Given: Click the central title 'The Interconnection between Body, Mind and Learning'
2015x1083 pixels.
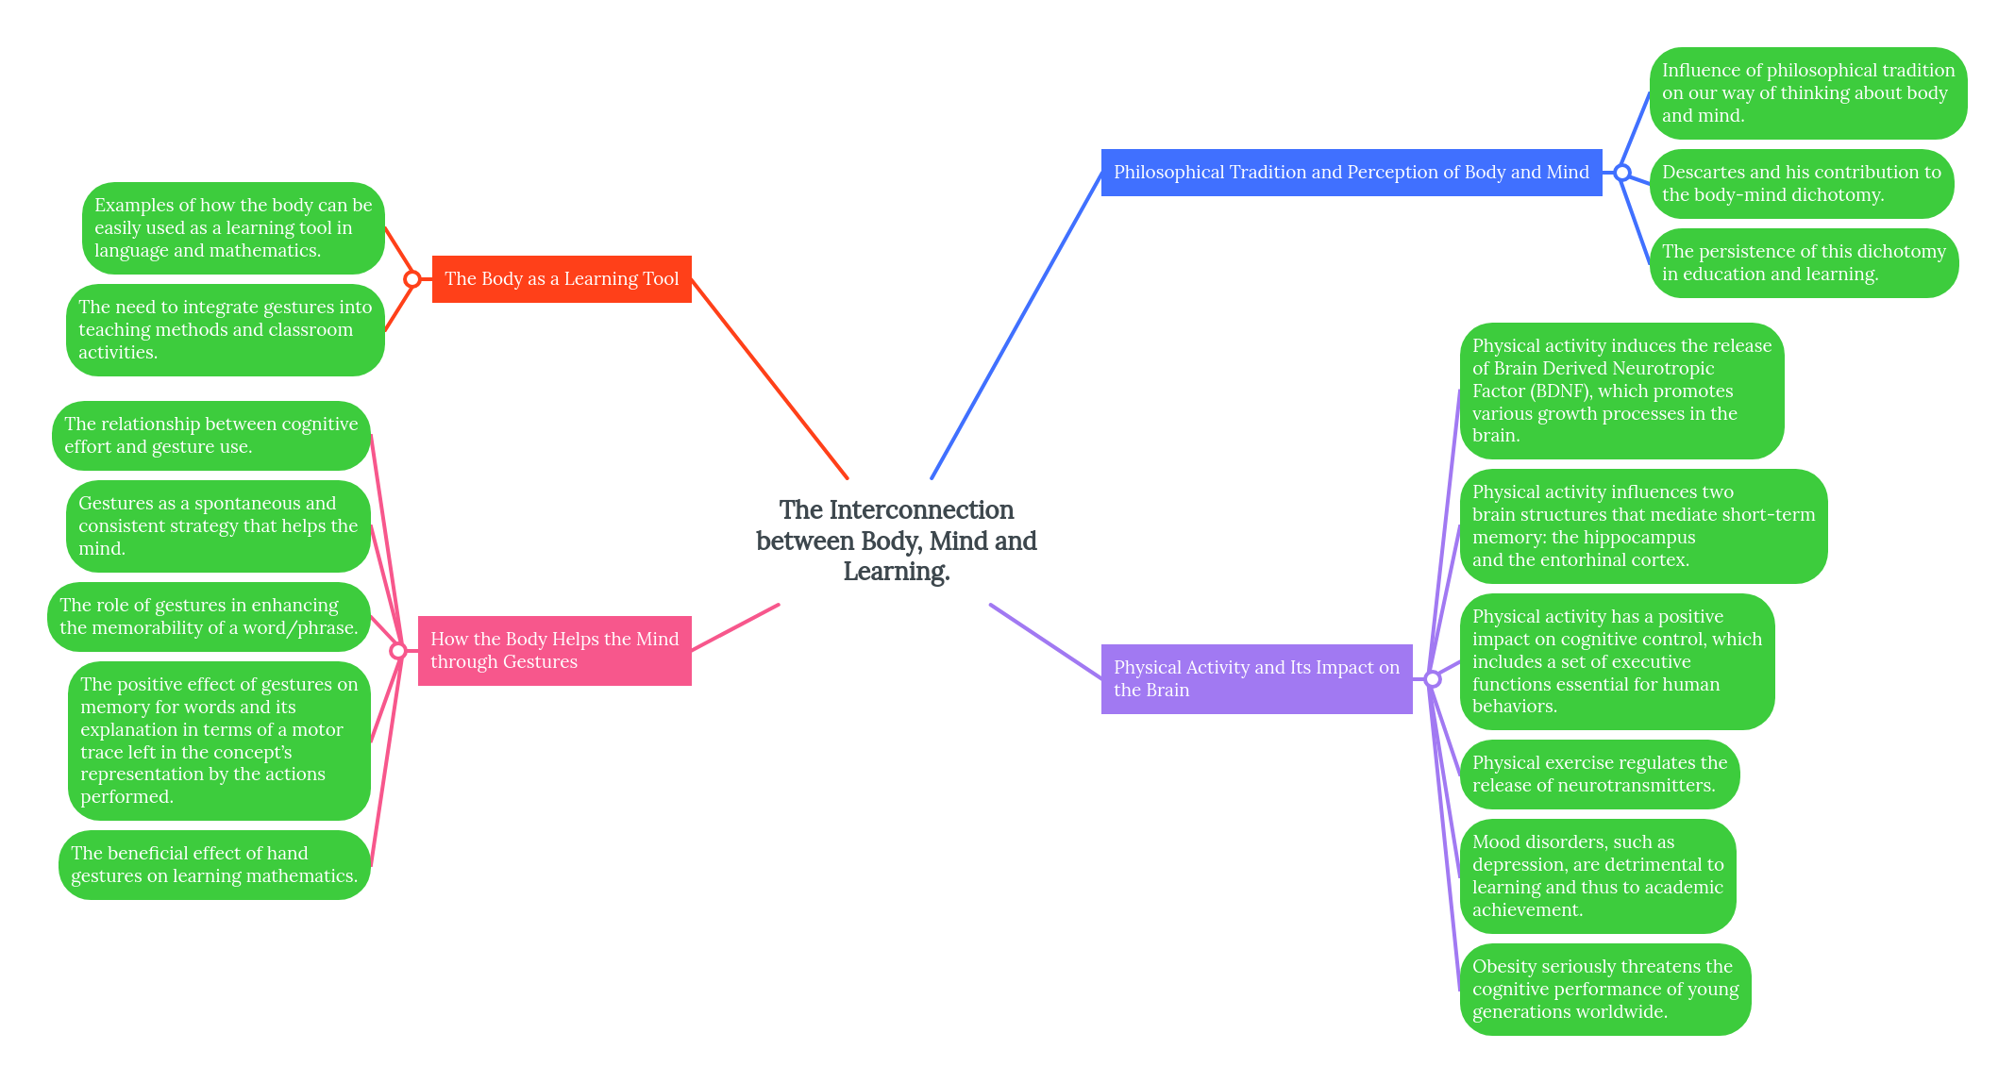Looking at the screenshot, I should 896,541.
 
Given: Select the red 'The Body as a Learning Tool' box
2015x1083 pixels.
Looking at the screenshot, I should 562,279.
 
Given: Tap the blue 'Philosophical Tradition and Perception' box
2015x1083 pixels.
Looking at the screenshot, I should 1351,173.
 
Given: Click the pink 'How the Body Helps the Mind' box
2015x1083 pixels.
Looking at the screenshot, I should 554,651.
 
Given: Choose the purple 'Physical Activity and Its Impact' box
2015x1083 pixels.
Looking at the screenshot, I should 1256,679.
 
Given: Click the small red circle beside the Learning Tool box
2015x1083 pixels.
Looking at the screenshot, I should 412,279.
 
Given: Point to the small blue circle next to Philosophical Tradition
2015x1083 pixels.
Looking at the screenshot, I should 1621,173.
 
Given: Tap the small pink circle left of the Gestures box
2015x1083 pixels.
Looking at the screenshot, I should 398,651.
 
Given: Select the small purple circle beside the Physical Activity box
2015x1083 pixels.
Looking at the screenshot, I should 1433,679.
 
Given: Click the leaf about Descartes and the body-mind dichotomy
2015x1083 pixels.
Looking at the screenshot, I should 1801,184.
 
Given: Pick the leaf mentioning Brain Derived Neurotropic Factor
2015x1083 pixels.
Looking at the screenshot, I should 1621,391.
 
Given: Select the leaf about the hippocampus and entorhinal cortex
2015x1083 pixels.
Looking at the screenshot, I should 1642,526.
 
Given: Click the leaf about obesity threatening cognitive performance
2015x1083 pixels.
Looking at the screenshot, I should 1604,990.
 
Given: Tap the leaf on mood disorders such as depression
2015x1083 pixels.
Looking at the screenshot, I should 1597,876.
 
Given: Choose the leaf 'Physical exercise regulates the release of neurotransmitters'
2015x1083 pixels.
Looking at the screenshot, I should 1599,775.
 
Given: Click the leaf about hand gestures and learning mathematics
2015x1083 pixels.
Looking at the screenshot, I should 214,865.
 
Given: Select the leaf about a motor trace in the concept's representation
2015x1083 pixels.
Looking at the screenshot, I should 219,741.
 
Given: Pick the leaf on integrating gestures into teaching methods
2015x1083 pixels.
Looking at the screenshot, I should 225,330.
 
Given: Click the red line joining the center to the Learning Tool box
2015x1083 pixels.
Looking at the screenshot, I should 769,378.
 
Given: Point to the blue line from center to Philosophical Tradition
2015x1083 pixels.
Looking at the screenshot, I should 1016,325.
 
